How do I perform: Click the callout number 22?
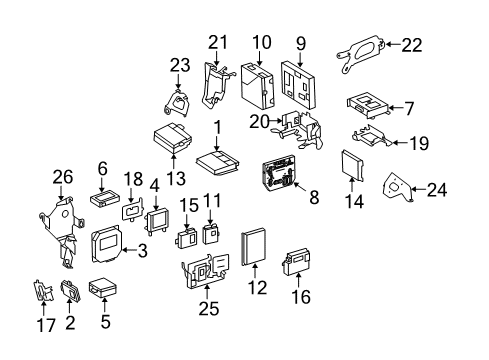coord(412,45)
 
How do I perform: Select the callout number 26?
coord(63,177)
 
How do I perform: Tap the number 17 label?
coord(46,325)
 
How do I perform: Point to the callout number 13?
coord(176,178)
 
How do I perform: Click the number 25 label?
coord(209,308)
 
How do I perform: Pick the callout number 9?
coord(301,43)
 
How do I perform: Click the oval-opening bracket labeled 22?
coord(361,52)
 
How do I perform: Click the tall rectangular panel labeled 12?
coord(254,247)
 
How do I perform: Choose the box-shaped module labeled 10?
coord(258,85)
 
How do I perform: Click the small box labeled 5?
coord(103,287)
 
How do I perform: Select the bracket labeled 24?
coord(397,187)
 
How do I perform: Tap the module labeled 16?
coord(296,262)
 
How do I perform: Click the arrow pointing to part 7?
coord(395,108)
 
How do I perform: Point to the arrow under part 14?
coord(352,184)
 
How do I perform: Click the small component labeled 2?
coord(70,290)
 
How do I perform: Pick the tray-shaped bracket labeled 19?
coord(371,136)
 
